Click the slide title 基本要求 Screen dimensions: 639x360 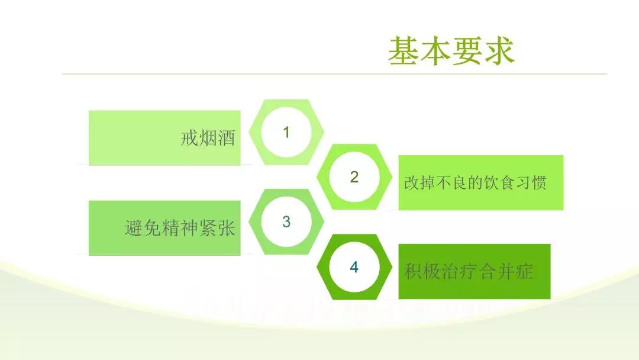451,50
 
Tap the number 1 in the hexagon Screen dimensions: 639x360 286,132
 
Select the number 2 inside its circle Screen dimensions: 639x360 354,177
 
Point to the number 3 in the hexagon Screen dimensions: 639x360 286,222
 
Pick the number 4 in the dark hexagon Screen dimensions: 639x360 354,267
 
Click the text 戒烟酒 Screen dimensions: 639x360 208,138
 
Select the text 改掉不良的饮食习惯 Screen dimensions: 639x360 475,182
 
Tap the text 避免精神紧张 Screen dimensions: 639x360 180,227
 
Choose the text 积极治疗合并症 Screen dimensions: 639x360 469,271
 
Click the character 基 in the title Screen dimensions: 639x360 403,50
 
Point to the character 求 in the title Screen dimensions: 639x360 500,50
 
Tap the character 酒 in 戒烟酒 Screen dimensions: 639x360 227,138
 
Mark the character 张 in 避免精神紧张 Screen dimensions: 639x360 227,227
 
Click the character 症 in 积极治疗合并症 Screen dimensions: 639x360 524,271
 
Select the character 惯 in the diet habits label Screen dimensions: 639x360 539,182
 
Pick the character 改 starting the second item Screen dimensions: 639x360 412,182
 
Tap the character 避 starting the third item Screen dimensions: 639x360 133,227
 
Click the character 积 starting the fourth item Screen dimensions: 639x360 413,271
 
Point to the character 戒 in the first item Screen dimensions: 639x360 189,138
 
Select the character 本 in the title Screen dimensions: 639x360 435,50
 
